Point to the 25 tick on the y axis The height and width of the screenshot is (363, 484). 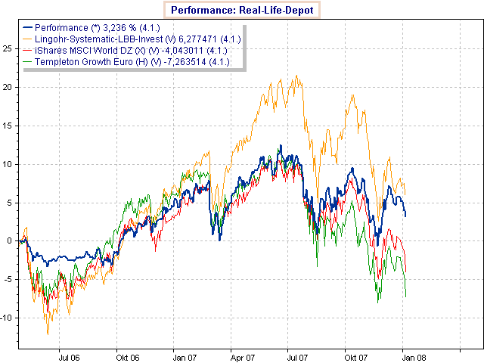click(x=8, y=48)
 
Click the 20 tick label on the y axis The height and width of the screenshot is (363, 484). click(x=8, y=86)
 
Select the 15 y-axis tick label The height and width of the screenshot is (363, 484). click(x=8, y=125)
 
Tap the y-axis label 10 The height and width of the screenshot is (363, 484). click(x=8, y=163)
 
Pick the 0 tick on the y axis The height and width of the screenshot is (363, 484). click(x=11, y=240)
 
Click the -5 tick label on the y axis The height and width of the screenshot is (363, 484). click(x=8, y=279)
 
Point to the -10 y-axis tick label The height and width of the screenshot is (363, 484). click(x=7, y=318)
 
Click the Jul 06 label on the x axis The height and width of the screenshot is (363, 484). click(x=70, y=355)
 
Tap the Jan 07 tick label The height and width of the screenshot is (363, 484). click(x=185, y=355)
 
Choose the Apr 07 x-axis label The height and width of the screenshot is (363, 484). click(x=241, y=355)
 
